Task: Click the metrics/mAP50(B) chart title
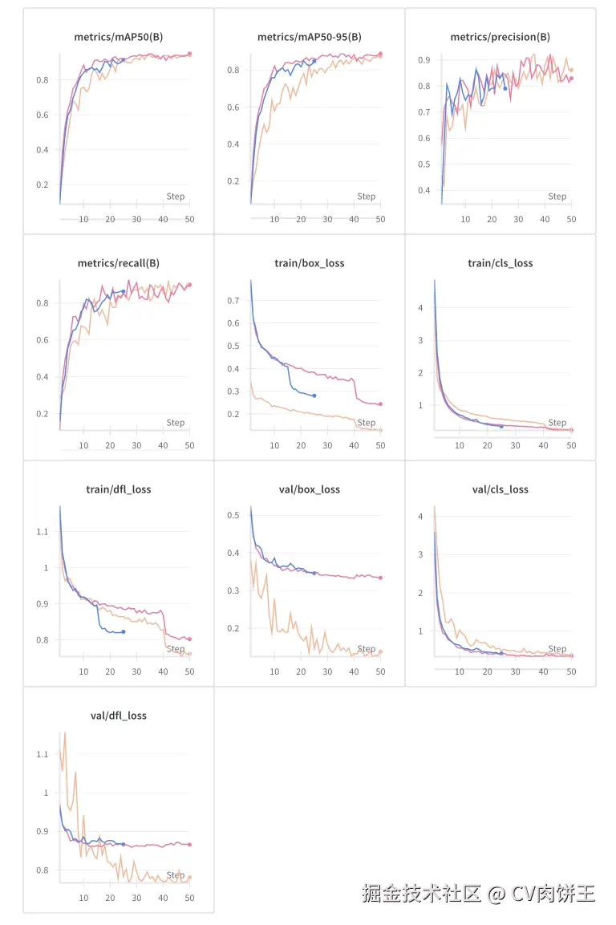118,37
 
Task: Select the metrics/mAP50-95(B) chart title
309,37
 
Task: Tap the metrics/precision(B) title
500,37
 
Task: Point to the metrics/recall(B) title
118,263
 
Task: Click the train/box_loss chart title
309,263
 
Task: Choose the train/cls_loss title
500,263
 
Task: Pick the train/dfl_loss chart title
118,489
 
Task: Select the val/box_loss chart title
309,489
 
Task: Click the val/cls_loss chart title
500,489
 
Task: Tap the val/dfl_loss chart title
118,716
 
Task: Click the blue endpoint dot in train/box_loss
314,396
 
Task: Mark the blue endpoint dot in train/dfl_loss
123,632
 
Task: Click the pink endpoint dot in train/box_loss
380,404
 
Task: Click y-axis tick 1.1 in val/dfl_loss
43,755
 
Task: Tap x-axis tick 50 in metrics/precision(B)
571,219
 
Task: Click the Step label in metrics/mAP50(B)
175,197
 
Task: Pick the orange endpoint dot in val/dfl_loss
189,878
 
